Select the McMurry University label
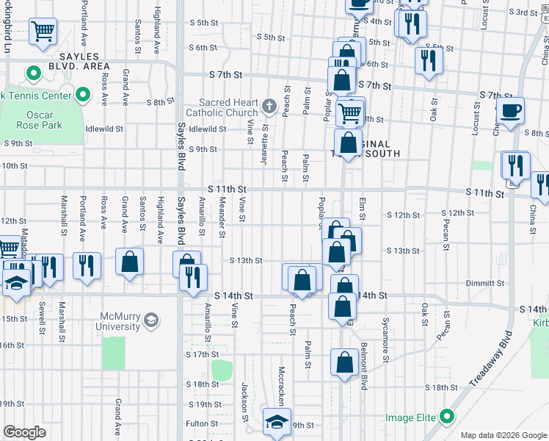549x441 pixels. point(120,321)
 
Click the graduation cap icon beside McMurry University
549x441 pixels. point(151,320)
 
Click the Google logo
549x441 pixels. point(25,432)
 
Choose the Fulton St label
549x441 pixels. point(197,423)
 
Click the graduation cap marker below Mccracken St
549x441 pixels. point(277,422)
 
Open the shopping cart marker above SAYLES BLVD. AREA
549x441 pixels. point(43,32)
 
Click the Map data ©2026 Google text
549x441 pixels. point(503,435)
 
